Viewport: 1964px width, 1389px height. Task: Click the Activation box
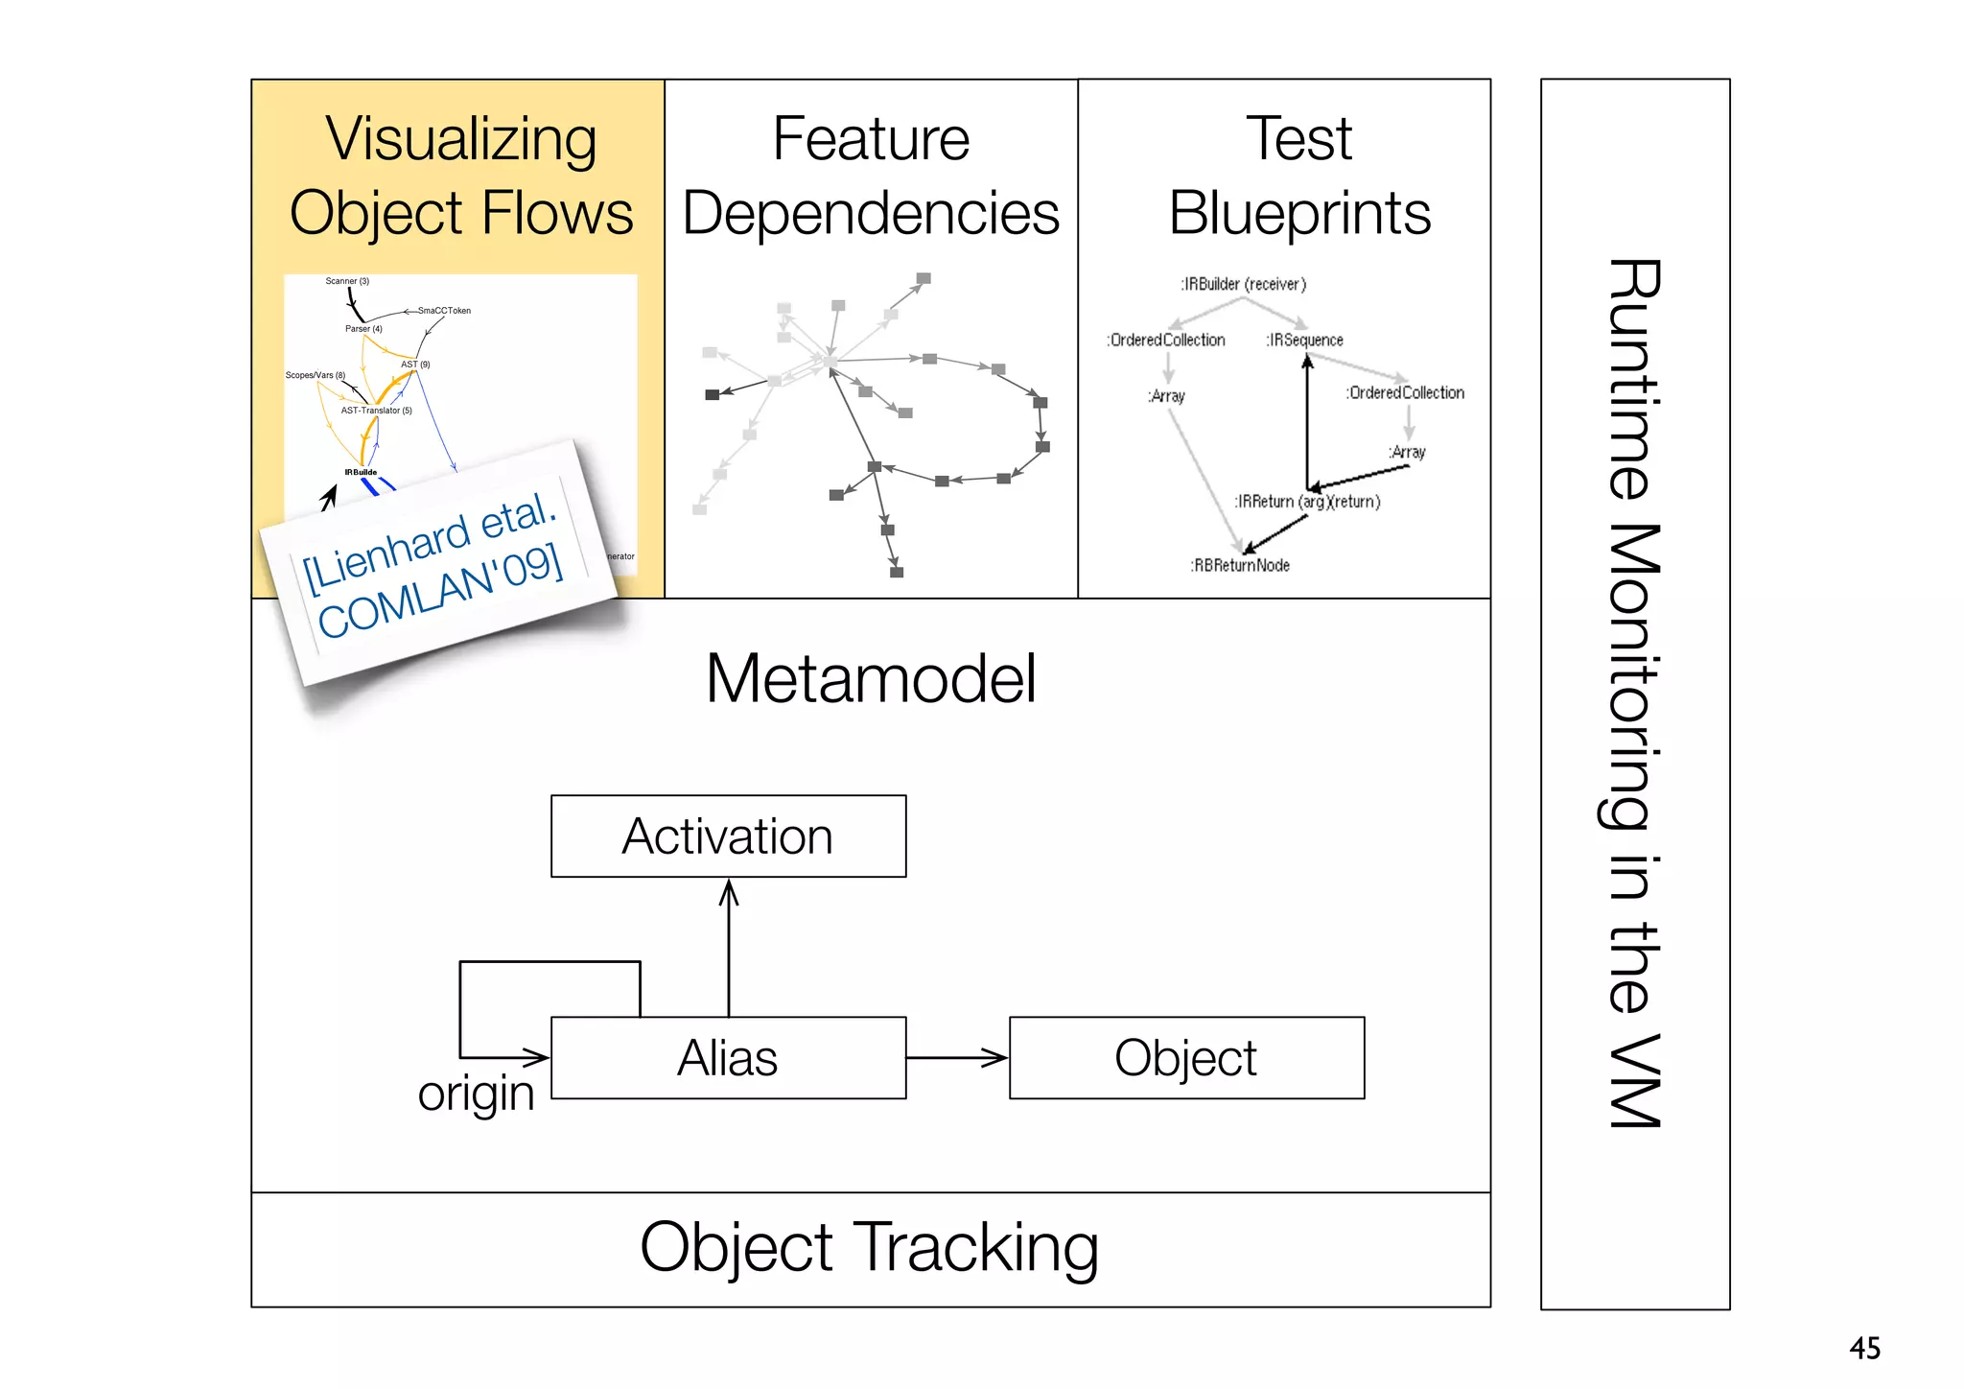click(728, 836)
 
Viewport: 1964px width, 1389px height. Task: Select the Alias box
click(728, 1058)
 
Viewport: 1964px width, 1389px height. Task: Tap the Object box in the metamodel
click(1186, 1058)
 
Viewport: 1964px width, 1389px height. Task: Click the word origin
click(476, 1094)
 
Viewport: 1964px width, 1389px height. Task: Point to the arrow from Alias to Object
click(956, 1058)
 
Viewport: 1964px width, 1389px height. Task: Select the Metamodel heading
click(871, 679)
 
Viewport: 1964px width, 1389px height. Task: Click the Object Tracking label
click(869, 1248)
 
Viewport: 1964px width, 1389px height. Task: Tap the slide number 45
click(1864, 1348)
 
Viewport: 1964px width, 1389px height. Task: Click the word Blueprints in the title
click(1299, 213)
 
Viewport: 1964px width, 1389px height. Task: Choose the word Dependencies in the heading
click(871, 213)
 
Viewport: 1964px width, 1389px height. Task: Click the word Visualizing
click(461, 139)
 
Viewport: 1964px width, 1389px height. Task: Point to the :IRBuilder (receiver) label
click(1243, 284)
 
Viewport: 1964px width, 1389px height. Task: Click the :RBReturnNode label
click(1240, 566)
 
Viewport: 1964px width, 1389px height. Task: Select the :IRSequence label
click(1304, 341)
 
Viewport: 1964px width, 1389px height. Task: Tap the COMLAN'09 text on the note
click(440, 591)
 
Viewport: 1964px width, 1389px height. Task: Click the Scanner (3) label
click(347, 281)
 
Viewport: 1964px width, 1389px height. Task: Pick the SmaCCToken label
click(444, 311)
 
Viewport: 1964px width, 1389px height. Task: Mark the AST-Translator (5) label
click(376, 411)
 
